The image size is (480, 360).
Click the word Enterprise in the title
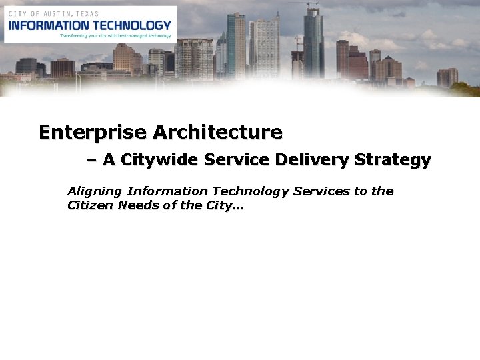coord(93,132)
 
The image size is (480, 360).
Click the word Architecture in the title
coord(217,132)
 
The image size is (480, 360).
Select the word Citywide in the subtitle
coord(159,160)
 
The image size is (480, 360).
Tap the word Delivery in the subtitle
coord(312,160)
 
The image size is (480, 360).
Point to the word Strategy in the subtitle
coord(393,161)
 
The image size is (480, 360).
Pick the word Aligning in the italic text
coord(95,192)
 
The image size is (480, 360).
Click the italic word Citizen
coord(91,205)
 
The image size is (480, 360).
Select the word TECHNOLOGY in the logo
coord(131,25)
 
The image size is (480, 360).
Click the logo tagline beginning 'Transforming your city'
coord(115,35)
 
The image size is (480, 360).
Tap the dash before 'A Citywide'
coord(91,160)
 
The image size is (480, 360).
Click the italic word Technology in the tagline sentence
coord(251,192)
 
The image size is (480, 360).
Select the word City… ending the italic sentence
coord(227,205)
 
